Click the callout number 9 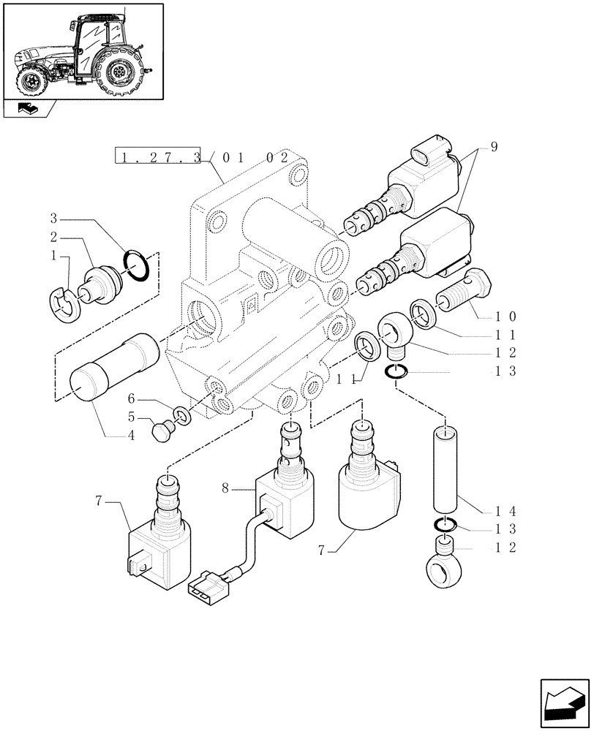pyautogui.click(x=494, y=148)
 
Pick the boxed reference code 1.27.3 pyautogui.click(x=158, y=156)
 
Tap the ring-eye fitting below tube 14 pyautogui.click(x=439, y=570)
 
